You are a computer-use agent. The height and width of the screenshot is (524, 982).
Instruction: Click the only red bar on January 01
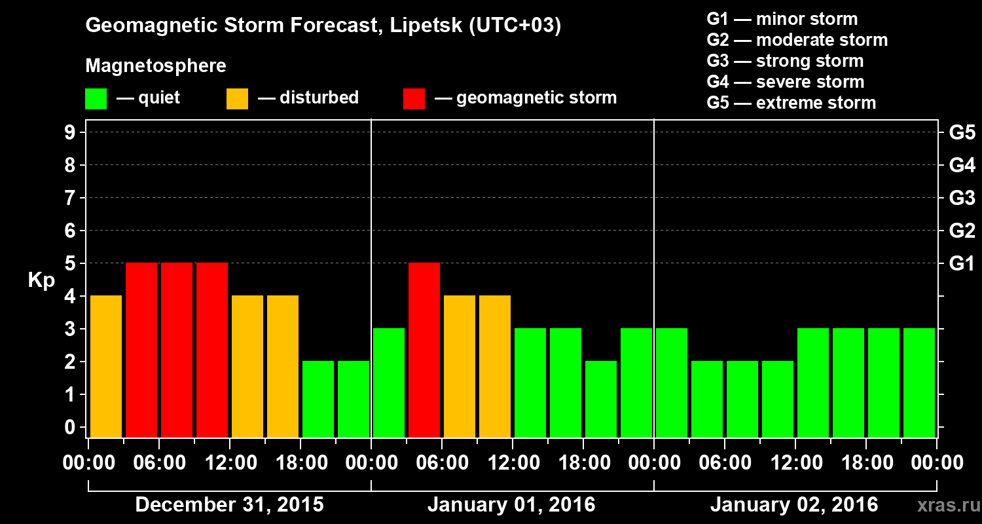pos(424,350)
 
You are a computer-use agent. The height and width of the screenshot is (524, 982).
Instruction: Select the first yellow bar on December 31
pos(106,366)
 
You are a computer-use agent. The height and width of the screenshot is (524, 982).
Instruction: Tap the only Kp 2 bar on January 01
pos(601,399)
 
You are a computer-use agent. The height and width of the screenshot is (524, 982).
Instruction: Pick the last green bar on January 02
pos(919,383)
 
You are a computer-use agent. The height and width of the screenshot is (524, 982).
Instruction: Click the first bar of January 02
pos(672,383)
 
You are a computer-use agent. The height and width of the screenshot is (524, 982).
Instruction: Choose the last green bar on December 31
pos(354,399)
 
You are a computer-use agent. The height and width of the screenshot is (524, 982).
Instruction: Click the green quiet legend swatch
pos(96,99)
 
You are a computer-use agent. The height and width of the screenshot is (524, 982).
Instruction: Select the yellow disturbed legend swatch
pos(237,99)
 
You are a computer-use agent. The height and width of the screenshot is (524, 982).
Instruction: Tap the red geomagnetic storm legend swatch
pos(414,99)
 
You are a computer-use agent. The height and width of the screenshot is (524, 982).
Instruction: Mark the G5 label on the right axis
pos(962,133)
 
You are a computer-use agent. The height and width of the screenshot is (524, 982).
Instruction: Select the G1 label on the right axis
pos(962,264)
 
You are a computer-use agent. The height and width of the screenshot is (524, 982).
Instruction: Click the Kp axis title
pos(41,280)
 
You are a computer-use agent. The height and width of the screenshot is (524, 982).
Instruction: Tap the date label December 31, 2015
pos(229,505)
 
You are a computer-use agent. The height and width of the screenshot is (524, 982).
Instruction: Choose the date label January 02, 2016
pos(794,505)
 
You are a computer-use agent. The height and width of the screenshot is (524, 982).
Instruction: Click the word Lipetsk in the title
pos(426,26)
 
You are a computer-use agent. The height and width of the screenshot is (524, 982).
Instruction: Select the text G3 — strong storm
pos(785,61)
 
